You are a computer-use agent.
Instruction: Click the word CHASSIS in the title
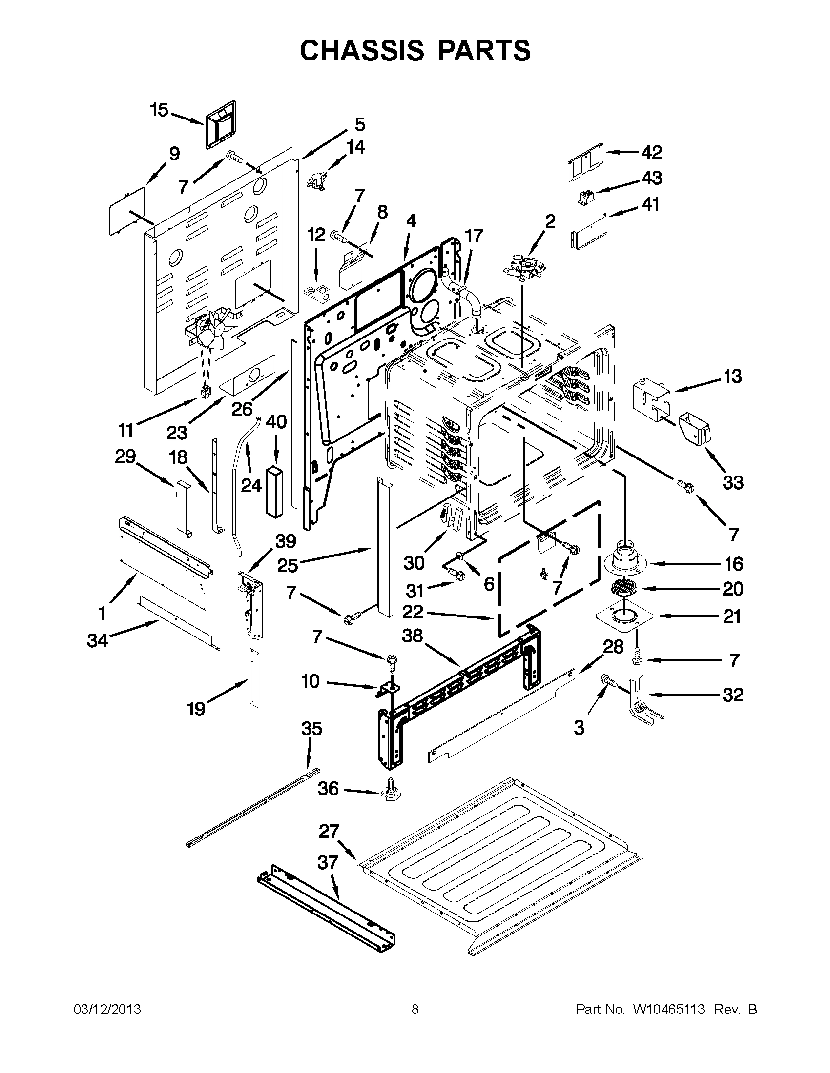coord(361,51)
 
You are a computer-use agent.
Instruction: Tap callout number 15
coord(159,110)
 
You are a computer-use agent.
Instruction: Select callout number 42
coord(651,152)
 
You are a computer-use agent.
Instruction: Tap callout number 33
coord(733,483)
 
